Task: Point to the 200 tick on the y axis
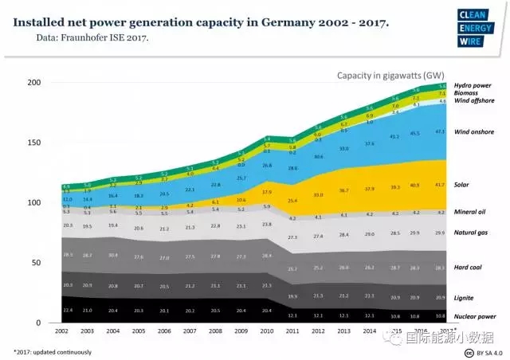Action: (33, 82)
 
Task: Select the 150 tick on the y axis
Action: (33, 143)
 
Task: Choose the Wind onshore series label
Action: (475, 131)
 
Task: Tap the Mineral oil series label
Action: (471, 213)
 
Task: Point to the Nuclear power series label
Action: (475, 316)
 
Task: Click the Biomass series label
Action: (467, 92)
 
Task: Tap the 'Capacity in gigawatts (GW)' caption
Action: (390, 76)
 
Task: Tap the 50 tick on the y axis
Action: (36, 263)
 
